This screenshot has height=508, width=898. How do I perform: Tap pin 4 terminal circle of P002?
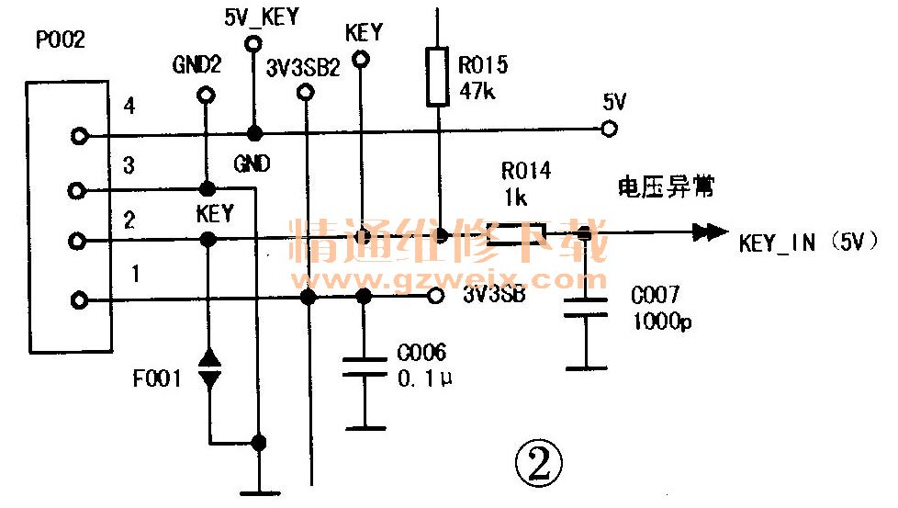click(80, 137)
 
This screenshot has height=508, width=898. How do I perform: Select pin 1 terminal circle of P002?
click(80, 299)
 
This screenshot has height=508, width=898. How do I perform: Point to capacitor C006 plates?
click(365, 367)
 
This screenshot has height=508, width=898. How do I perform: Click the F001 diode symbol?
click(209, 367)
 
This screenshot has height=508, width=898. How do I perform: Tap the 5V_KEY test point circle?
click(252, 44)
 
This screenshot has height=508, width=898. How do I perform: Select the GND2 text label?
click(196, 65)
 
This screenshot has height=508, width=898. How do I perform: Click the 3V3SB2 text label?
click(304, 67)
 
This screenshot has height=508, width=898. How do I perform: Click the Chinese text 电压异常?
click(666, 188)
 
